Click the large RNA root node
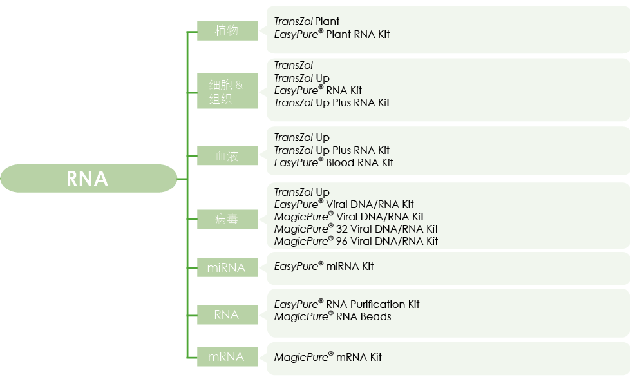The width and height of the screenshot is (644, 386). click(x=88, y=179)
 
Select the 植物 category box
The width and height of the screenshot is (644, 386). click(x=227, y=30)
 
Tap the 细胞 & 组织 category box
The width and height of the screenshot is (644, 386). click(x=227, y=91)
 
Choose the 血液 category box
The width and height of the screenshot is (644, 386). click(x=227, y=155)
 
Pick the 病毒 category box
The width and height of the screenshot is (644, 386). click(x=227, y=219)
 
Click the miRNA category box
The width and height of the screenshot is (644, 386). click(x=227, y=267)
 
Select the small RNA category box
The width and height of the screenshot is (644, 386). click(x=227, y=314)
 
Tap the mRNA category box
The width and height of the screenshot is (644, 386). click(x=227, y=356)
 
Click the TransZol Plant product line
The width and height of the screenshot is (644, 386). click(x=307, y=22)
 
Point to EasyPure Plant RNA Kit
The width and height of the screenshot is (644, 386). click(x=332, y=34)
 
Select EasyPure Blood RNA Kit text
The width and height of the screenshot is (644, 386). click(x=334, y=162)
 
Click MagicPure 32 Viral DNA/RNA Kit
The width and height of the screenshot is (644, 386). click(x=355, y=229)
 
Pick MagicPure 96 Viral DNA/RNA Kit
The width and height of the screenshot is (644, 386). click(x=355, y=241)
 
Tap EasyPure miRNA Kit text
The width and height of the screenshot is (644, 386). click(x=323, y=266)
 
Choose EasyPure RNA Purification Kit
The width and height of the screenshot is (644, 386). click(x=346, y=304)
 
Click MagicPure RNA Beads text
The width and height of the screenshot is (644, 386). click(x=332, y=316)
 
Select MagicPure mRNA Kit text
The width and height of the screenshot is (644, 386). click(x=328, y=357)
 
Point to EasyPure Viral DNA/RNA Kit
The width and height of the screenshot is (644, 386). click(x=344, y=204)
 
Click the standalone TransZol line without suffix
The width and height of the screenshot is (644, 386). click(x=293, y=66)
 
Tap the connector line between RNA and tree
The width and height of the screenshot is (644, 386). click(x=182, y=179)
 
